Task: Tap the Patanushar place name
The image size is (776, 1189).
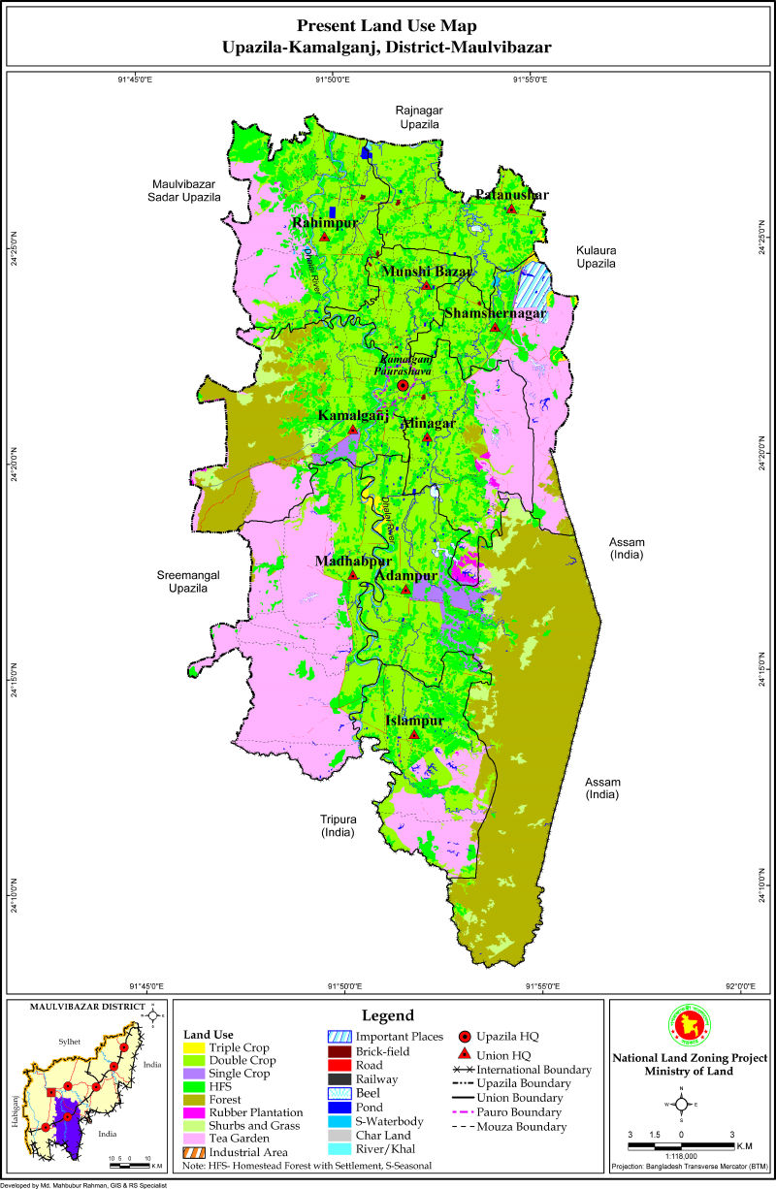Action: (511, 195)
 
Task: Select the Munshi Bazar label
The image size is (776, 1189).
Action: (426, 273)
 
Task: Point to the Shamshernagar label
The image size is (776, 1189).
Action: (495, 313)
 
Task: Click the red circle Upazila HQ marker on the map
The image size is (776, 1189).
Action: (404, 386)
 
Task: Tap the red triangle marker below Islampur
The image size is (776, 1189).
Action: (414, 735)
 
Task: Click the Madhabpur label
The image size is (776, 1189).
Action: (353, 562)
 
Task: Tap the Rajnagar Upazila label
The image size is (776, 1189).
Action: (418, 117)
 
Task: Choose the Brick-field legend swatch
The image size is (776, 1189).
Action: (339, 1051)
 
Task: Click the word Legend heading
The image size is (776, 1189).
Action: (388, 1015)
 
